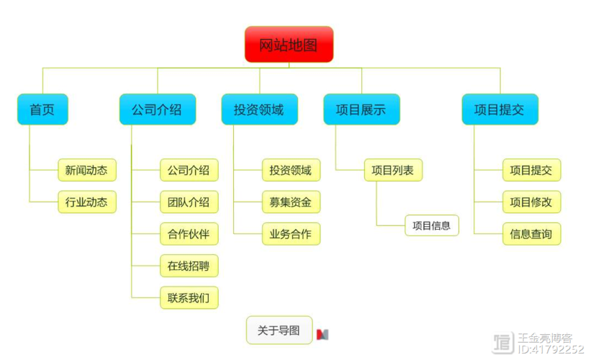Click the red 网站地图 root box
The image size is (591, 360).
pos(289,45)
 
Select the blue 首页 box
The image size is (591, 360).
pos(42,109)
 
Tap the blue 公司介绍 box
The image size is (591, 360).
pos(157,109)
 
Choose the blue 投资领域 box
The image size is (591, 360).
pos(259,109)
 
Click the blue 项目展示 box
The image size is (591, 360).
pos(361,109)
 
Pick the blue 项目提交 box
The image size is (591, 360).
pos(500,109)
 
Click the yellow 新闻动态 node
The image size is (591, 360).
pos(86,171)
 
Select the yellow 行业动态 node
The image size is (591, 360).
pos(86,202)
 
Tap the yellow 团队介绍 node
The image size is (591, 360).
pos(189,202)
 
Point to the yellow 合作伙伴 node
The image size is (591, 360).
pos(189,234)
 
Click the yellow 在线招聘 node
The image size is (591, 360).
pos(189,266)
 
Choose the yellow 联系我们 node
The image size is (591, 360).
pos(189,297)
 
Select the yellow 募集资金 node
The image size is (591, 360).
pos(291,202)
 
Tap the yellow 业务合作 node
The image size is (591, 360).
pos(291,234)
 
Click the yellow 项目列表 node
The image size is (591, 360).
pos(393,171)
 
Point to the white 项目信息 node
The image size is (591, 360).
pos(432,225)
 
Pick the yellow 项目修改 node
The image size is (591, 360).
pos(531,202)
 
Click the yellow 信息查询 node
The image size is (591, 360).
pos(531,234)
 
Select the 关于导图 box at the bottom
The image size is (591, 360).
pos(279,330)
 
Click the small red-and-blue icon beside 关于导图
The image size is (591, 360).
pos(322,334)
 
